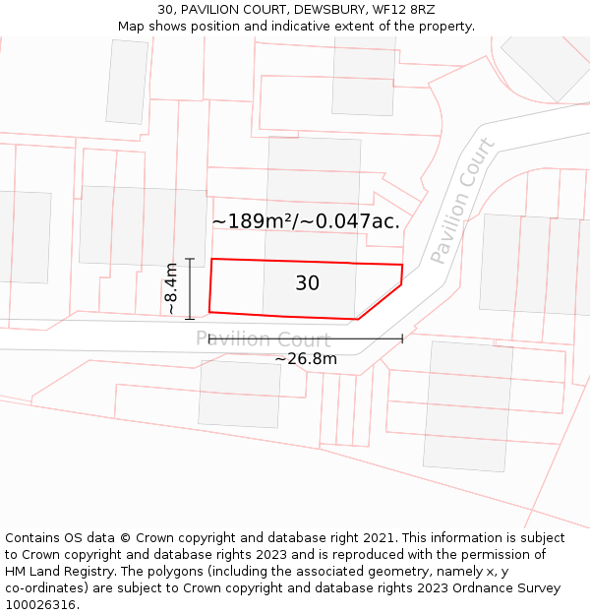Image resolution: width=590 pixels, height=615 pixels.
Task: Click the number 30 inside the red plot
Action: [x=307, y=283]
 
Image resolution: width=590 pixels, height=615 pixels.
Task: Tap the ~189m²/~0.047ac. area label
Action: [x=306, y=221]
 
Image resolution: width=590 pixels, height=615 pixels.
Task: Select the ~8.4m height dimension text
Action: [x=171, y=288]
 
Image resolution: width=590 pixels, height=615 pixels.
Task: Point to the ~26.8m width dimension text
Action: [x=306, y=359]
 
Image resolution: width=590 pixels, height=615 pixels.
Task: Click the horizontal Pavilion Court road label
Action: [x=263, y=339]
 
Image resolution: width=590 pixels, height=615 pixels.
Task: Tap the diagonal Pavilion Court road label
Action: [x=462, y=201]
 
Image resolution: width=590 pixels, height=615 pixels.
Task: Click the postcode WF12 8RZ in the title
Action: [x=404, y=10]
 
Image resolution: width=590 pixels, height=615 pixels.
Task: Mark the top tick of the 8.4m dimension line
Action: [x=190, y=259]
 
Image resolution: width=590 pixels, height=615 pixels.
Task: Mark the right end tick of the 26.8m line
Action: [x=402, y=338]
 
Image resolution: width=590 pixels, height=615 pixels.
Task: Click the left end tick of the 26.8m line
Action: [x=209, y=338]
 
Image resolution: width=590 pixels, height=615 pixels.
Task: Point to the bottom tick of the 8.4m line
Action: [x=190, y=319]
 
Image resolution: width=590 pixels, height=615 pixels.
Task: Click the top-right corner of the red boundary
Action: [x=402, y=265]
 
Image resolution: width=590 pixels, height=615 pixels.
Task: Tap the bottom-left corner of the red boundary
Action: [x=209, y=311]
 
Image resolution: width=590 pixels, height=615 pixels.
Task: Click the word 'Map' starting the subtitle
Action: [x=132, y=27]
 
